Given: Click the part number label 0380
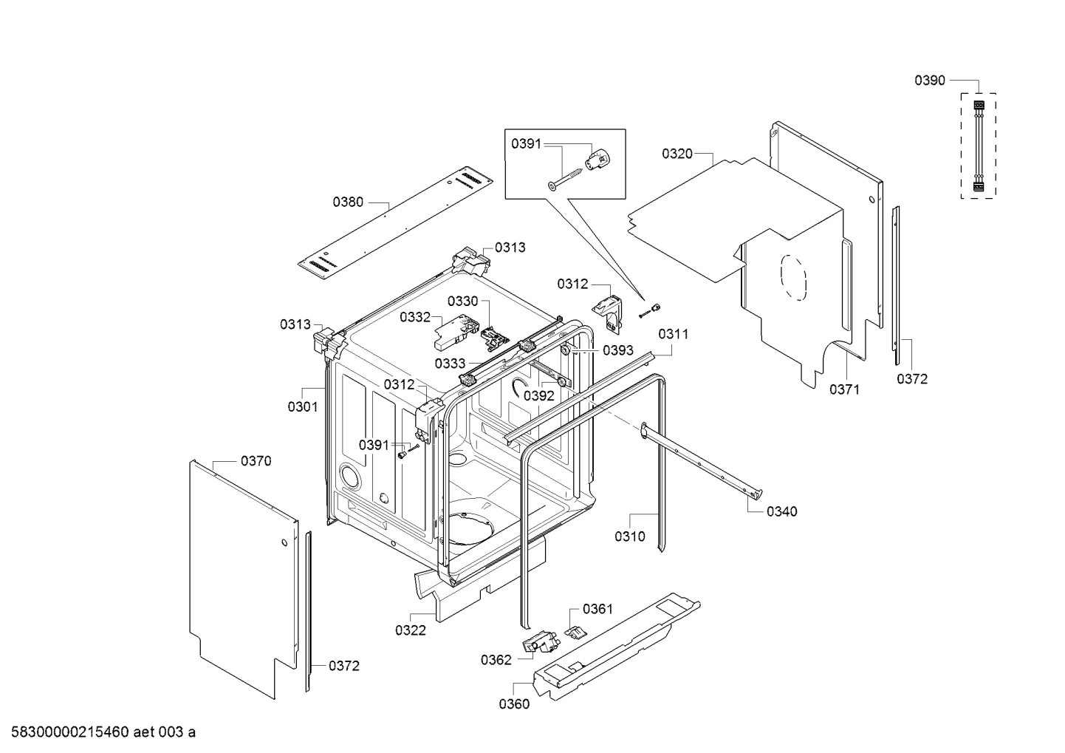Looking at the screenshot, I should [347, 201].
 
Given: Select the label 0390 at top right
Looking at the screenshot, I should [929, 81].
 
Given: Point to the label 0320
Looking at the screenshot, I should [677, 154].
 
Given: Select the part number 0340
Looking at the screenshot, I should [781, 511].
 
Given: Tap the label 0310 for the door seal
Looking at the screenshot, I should [629, 536].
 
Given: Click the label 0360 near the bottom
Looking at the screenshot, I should [513, 703].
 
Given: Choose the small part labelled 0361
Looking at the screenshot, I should [575, 630].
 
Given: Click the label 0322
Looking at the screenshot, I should [410, 630].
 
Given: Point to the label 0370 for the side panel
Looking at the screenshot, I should [256, 461].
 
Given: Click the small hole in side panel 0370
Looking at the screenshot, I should [283, 545].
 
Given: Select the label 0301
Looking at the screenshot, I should [302, 406].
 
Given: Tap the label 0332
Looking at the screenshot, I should [414, 317].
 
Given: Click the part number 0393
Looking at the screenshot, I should [617, 350].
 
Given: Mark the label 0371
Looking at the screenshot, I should [843, 389].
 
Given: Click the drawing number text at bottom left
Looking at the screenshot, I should [99, 732].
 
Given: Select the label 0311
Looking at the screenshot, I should [673, 334].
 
